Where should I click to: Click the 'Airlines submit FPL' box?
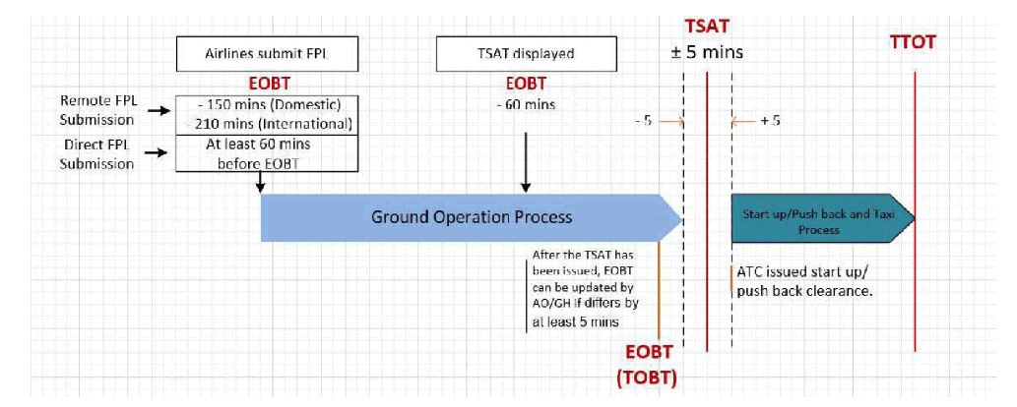coord(267,54)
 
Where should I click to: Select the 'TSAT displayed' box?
coord(527,54)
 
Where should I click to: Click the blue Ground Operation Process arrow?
coord(471,217)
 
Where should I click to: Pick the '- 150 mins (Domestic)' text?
coord(267,105)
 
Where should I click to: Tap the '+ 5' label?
coord(770,122)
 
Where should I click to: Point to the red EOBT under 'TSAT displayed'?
coord(527,85)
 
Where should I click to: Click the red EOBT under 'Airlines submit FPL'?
coord(267,85)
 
